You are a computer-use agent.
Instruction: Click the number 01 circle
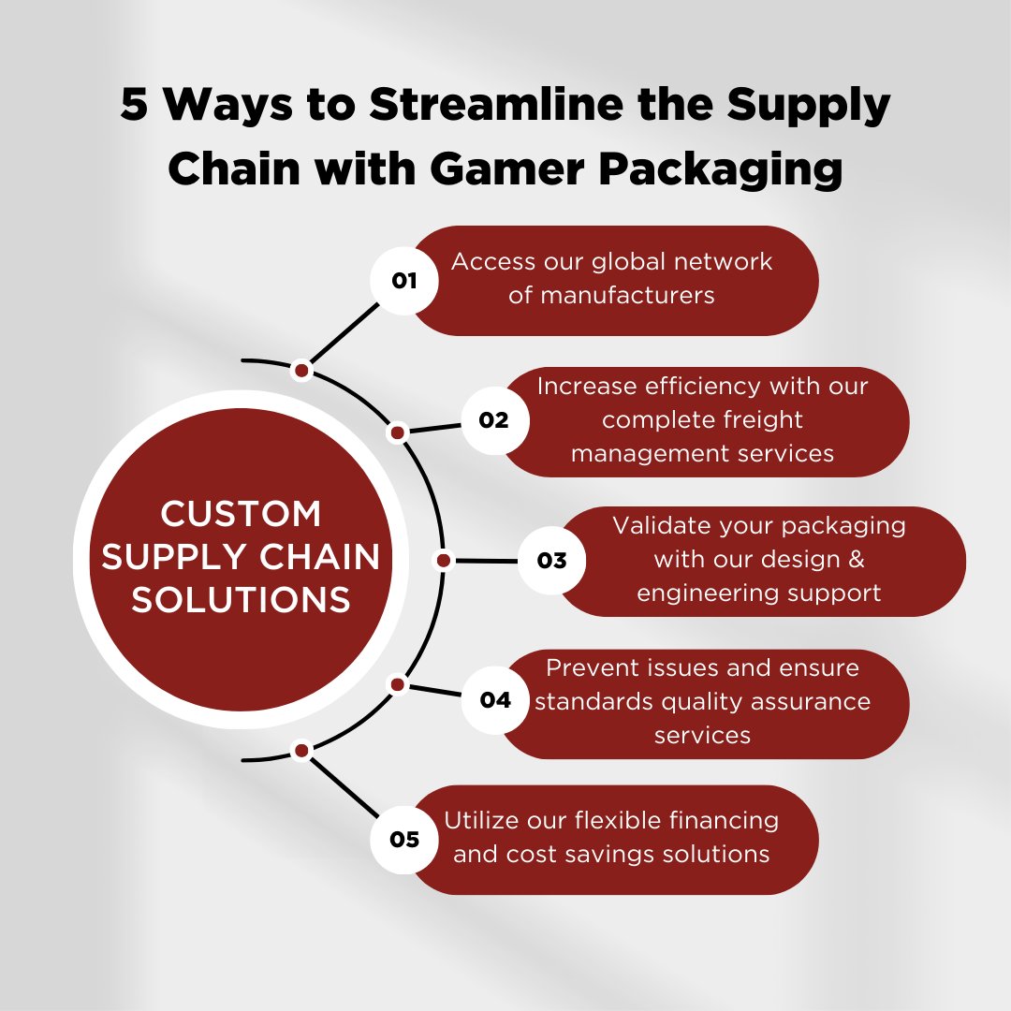coord(404,280)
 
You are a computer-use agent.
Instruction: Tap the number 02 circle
coord(494,420)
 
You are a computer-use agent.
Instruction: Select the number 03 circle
coord(552,560)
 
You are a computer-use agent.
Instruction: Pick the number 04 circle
coord(494,699)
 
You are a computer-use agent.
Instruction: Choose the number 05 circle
coord(404,839)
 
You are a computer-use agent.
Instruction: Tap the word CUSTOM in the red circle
coord(241,514)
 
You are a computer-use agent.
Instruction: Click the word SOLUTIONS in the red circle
coord(241,599)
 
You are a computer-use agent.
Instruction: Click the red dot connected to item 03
coord(444,561)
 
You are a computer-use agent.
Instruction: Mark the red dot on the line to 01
coord(301,371)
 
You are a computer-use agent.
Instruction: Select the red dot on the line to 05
coord(301,750)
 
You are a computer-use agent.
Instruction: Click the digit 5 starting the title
coord(134,106)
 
